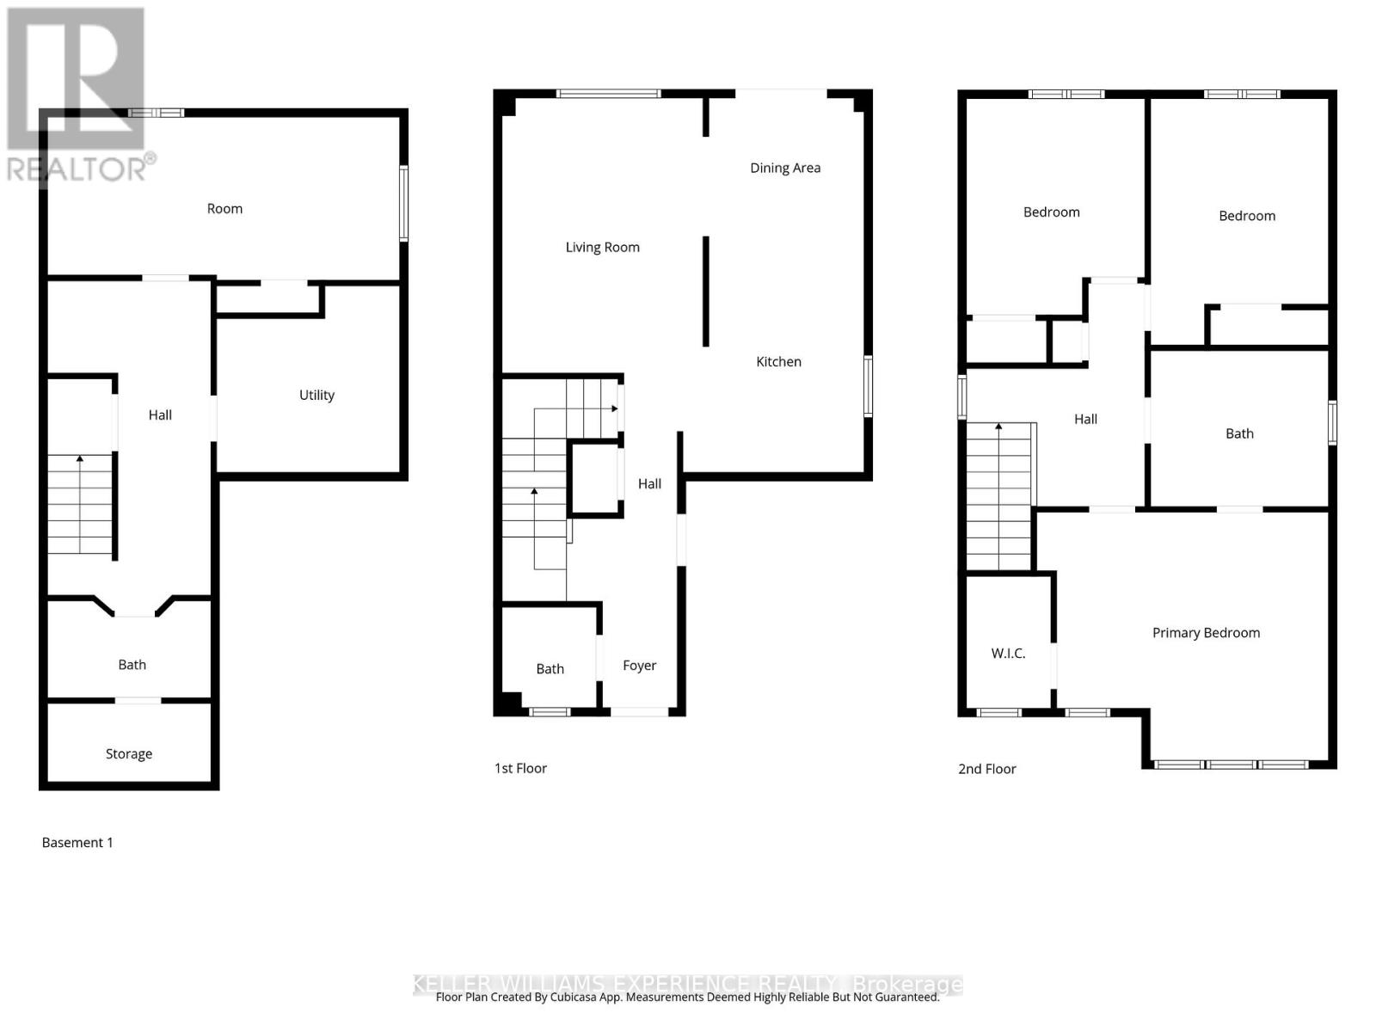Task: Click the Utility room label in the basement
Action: pos(316,395)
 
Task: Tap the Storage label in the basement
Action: pos(129,753)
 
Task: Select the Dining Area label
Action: pos(785,168)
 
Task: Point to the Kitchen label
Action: pos(778,362)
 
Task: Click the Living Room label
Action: pos(602,248)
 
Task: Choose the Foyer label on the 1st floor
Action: pos(639,666)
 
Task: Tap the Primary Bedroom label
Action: pos(1206,633)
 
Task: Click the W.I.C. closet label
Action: pos(1008,654)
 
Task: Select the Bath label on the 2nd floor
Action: pos(1239,433)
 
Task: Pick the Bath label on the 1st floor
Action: pos(550,669)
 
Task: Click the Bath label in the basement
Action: pos(132,665)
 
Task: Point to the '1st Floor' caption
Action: pos(520,769)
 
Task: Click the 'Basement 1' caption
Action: pos(77,843)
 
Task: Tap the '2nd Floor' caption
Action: pos(986,769)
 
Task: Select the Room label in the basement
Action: pos(224,209)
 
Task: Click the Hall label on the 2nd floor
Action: pos(1085,420)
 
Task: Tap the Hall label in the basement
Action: pos(160,415)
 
